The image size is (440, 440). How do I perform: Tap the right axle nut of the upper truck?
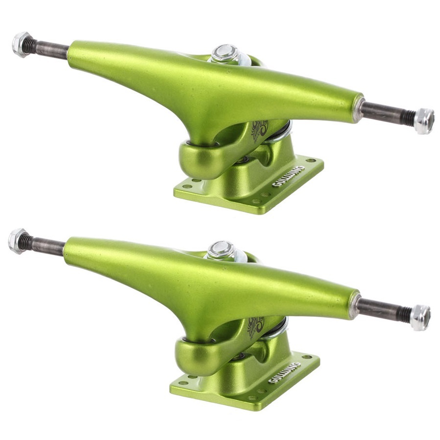(x=424, y=121)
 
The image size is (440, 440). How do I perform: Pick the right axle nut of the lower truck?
(x=420, y=317)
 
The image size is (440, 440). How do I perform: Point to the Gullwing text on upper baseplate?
(x=288, y=176)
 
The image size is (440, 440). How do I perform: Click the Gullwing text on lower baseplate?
(x=285, y=373)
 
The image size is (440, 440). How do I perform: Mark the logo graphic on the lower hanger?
(x=255, y=328)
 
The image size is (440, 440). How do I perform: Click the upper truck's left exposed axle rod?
(x=49, y=49)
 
